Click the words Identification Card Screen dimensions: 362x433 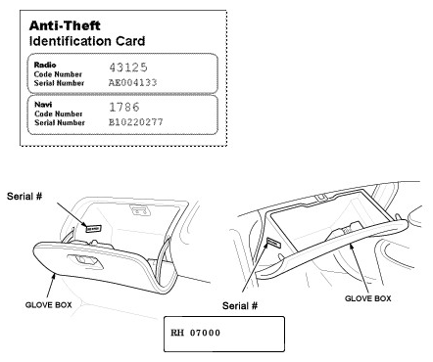(87, 41)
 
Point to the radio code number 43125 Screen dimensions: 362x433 (127, 67)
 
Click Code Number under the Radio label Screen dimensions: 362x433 (57, 74)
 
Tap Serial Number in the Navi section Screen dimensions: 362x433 (61, 124)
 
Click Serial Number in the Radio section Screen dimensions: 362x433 (61, 83)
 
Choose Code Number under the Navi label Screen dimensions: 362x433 (57, 115)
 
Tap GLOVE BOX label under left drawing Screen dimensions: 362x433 (50, 305)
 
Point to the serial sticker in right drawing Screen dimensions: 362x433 (273, 244)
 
